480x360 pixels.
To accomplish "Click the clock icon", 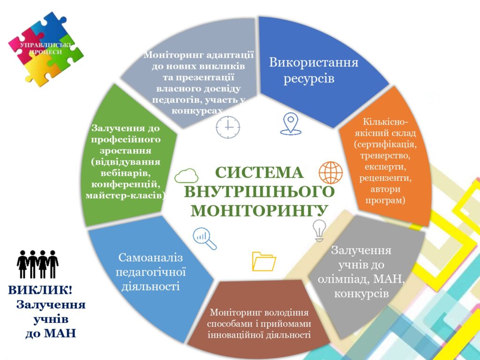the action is point(228,127).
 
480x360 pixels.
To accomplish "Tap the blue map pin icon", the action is point(291,124).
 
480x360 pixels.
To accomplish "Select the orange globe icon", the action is point(330,172).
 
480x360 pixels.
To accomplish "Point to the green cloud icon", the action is point(186,176).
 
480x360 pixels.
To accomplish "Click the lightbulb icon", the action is point(319,231).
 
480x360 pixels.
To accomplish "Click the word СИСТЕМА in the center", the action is point(259,172).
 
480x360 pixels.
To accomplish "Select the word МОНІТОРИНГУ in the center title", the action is point(259,210).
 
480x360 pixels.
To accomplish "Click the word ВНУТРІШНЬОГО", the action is point(259,192).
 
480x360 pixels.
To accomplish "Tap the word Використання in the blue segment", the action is point(314,62).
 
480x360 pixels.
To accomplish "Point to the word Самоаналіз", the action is point(150,257).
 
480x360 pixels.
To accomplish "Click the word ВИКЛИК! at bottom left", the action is point(40,290).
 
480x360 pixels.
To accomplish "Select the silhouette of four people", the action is point(37,264).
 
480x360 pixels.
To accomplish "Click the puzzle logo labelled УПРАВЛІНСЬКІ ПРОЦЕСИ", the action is point(46,49).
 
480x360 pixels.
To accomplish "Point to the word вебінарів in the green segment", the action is point(126,173).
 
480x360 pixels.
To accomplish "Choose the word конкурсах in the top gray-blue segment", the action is point(197,111).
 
